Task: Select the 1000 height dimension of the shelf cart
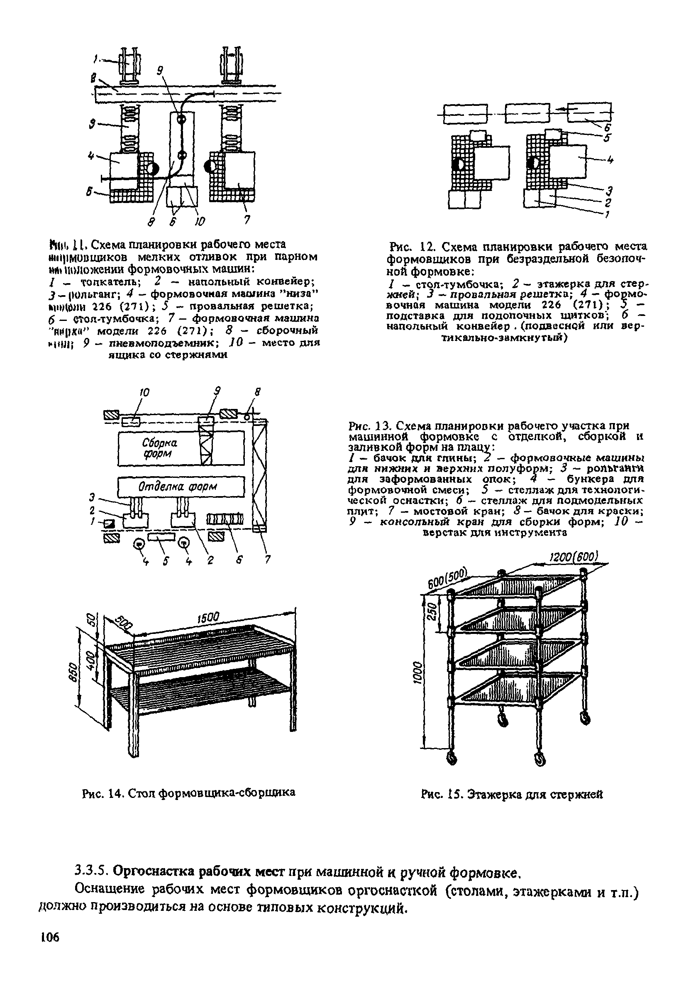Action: tap(419, 673)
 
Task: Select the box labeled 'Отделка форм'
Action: tap(181, 487)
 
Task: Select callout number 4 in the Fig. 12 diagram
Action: tap(610, 160)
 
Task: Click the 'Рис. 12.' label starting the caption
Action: tap(406, 247)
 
